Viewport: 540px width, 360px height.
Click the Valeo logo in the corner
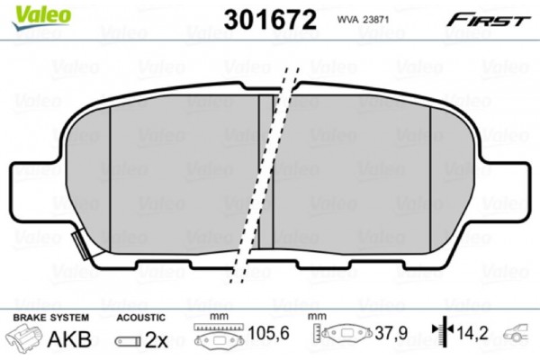(x=41, y=16)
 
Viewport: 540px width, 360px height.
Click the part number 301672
(x=270, y=20)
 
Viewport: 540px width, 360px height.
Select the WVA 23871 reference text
(x=363, y=20)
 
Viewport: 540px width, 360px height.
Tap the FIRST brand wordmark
(x=488, y=21)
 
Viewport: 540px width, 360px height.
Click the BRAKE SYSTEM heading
(x=51, y=318)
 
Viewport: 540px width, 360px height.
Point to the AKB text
(x=69, y=339)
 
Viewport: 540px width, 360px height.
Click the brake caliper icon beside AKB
(x=24, y=339)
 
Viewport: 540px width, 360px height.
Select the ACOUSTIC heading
(x=141, y=318)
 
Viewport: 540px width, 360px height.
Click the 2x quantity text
(x=156, y=340)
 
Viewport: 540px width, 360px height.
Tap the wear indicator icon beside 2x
(x=128, y=341)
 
